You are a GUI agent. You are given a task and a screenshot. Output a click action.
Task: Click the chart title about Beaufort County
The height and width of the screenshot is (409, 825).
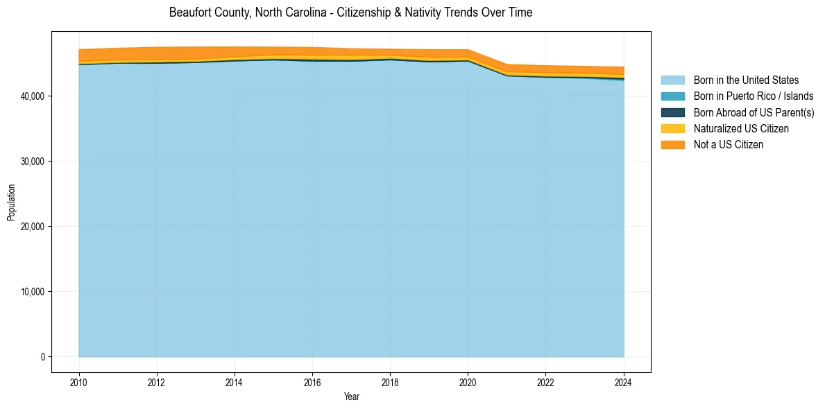(350, 12)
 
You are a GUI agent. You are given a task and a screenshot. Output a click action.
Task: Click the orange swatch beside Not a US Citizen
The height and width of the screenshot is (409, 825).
(672, 145)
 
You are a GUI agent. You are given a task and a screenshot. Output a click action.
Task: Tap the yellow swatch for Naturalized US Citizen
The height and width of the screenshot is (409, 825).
(672, 129)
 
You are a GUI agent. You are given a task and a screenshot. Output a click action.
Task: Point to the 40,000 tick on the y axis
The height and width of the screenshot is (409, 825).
(32, 96)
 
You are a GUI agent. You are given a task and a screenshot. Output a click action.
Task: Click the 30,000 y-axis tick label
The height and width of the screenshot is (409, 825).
(32, 162)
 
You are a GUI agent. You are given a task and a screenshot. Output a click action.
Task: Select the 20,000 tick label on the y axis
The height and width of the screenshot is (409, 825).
(32, 227)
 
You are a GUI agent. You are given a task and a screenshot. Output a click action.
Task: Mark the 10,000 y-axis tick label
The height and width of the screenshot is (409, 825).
(32, 292)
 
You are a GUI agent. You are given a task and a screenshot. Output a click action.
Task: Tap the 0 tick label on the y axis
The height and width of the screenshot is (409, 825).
(43, 357)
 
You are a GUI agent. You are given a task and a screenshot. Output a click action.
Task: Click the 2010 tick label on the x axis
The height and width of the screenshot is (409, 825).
(79, 381)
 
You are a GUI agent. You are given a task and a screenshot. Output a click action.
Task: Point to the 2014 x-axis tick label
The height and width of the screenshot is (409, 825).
(235, 381)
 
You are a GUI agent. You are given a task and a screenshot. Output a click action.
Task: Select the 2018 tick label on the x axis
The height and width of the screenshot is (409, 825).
(390, 381)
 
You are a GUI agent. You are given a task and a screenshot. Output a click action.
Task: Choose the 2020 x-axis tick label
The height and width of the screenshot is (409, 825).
(468, 381)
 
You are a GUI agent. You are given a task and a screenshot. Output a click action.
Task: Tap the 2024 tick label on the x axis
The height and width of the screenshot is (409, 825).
(624, 381)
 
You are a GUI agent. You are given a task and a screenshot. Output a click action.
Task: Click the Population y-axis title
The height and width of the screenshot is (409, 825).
(11, 202)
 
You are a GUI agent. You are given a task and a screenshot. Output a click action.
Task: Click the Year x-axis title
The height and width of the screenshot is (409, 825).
(351, 397)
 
